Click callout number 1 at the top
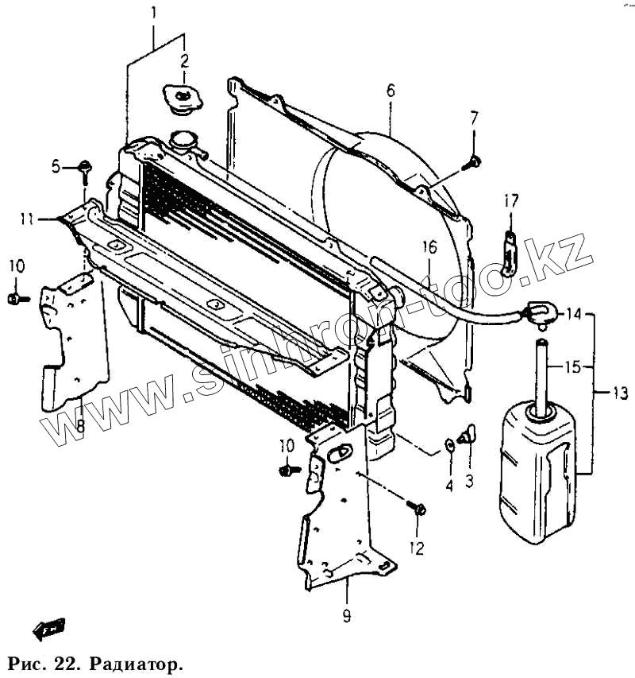[x=154, y=13]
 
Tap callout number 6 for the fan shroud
[x=391, y=90]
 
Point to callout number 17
[x=510, y=202]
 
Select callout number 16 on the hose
[x=429, y=247]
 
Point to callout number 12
[x=416, y=548]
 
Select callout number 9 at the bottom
[x=347, y=616]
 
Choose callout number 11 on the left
[x=27, y=219]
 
